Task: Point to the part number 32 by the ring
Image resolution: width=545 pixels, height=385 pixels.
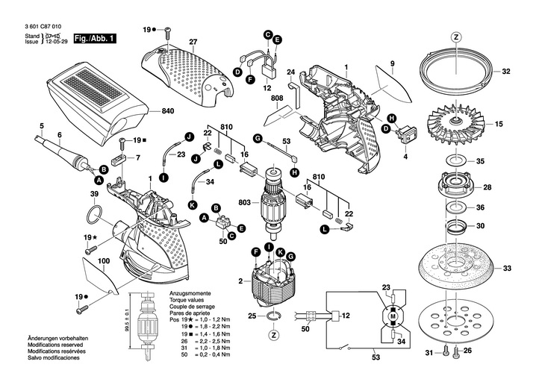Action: point(505,72)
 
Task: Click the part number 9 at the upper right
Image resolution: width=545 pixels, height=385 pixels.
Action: point(390,66)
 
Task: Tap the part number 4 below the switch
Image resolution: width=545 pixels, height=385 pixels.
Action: point(405,157)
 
